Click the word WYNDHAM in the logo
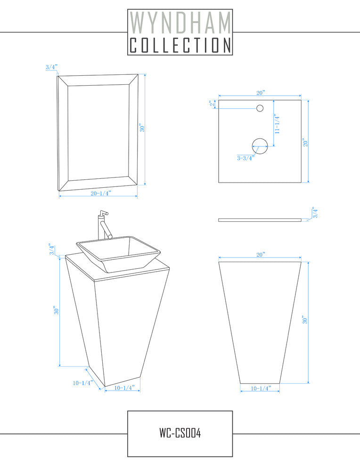(x=180, y=23)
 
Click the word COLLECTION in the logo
(x=180, y=45)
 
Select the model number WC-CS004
(x=180, y=433)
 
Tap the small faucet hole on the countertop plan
(x=260, y=108)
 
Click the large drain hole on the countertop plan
(x=260, y=146)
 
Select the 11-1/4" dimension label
(x=277, y=124)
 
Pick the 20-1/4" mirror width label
(x=101, y=193)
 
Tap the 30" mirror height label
(x=142, y=128)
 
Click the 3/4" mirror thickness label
(x=51, y=67)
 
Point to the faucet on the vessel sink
(x=104, y=225)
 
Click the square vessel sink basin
(x=118, y=254)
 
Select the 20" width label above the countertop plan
(x=260, y=93)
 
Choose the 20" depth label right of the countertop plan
(x=305, y=142)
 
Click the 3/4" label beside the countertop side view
(x=315, y=212)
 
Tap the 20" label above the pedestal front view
(x=260, y=255)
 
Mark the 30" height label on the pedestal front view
(x=304, y=320)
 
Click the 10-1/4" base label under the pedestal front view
(x=261, y=388)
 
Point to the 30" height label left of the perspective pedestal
(x=56, y=311)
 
